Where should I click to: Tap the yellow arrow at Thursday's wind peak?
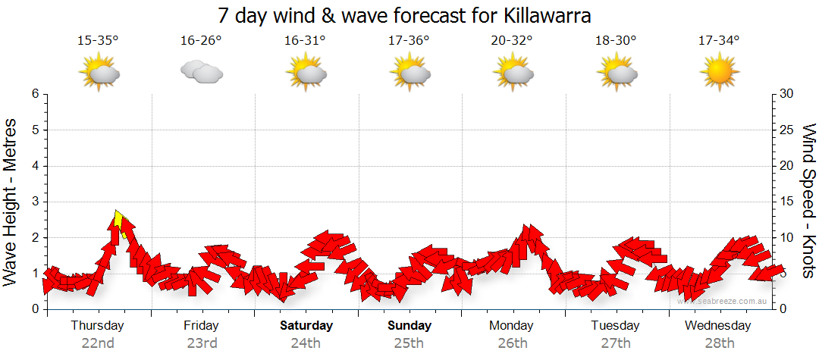119,221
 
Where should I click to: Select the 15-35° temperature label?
98,40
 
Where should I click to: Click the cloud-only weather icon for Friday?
201,72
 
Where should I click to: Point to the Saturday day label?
306,326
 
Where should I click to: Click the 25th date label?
409,343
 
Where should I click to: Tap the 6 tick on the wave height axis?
35,94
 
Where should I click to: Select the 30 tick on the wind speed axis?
787,94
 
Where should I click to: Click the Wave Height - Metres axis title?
11,201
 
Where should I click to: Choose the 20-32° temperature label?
513,40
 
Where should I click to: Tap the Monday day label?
511,326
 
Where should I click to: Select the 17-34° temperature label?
719,40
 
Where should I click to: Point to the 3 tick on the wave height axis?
35,202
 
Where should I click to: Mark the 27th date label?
616,343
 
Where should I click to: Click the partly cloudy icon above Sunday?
410,72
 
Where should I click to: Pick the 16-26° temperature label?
201,40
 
